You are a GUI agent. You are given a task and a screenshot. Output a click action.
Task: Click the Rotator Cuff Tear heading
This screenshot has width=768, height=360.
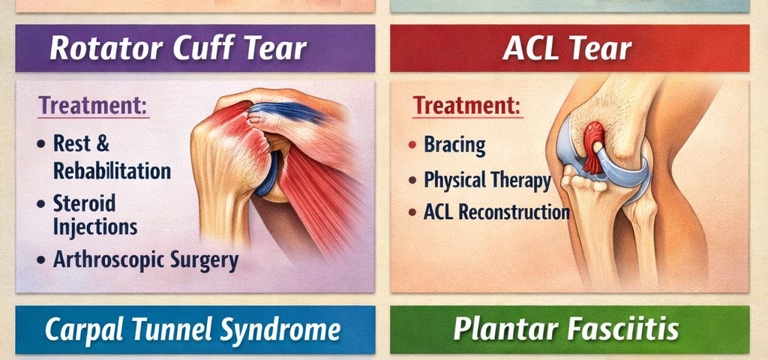pyautogui.click(x=178, y=49)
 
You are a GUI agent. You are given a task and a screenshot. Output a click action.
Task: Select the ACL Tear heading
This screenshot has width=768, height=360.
pyautogui.click(x=567, y=49)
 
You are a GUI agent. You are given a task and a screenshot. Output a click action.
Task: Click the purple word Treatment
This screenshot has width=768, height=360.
pyautogui.click(x=93, y=105)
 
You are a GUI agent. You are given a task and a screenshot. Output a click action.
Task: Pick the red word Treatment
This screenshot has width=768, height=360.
pyautogui.click(x=467, y=105)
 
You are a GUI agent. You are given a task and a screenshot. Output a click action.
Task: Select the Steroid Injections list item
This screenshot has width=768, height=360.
pyautogui.click(x=94, y=214)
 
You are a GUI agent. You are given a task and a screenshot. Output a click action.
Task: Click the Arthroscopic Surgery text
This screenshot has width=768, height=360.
pyautogui.click(x=145, y=260)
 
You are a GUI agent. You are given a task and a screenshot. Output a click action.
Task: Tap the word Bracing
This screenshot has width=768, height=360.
pyautogui.click(x=454, y=144)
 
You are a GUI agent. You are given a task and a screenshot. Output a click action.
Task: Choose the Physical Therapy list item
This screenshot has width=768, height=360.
pyautogui.click(x=487, y=180)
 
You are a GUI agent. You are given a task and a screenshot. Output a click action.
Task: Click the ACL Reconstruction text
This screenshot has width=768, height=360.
pyautogui.click(x=496, y=212)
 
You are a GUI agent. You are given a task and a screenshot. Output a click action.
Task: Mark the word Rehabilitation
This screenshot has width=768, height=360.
pyautogui.click(x=112, y=171)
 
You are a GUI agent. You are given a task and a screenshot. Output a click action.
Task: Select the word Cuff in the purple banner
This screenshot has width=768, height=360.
pyautogui.click(x=205, y=49)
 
